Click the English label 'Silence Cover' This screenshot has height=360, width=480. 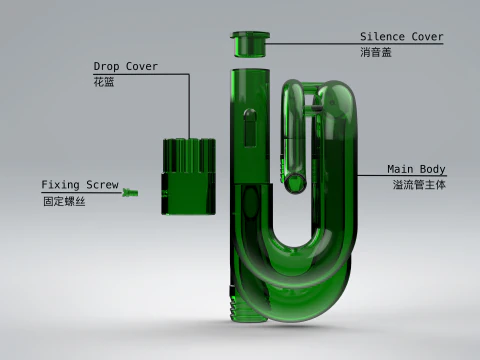pos(401,37)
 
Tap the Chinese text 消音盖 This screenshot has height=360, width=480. pos(375,52)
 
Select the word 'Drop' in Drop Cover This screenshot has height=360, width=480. pos(108,67)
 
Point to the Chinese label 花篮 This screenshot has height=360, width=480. pos(104,82)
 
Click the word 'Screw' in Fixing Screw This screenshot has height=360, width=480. pos(101,185)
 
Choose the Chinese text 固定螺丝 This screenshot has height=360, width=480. pos(60,200)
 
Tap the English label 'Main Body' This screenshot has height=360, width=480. pos(416,169)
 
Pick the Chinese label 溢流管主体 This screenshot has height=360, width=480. pos(419,184)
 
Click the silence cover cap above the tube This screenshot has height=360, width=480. pos(249,44)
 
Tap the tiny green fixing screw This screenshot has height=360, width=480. pos(129,193)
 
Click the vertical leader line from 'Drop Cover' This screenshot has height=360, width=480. pos(189,105)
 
